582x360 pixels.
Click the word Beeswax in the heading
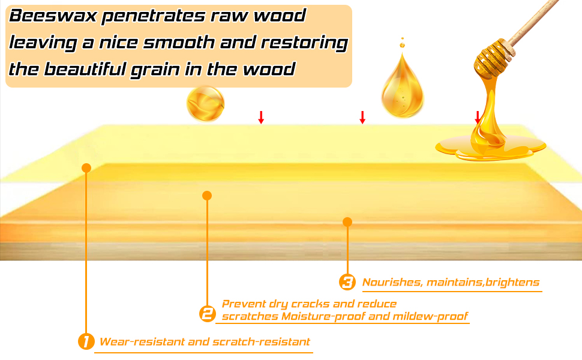[x=52, y=17]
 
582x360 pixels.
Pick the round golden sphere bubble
[x=205, y=104]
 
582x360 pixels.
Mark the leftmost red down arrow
[x=261, y=118]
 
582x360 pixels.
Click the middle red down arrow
[x=362, y=118]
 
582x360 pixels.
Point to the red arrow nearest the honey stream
[x=478, y=117]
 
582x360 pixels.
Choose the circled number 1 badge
[x=86, y=342]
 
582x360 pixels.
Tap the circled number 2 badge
[x=207, y=313]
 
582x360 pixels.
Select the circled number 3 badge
[x=347, y=282]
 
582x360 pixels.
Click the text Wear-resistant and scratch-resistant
[x=205, y=342]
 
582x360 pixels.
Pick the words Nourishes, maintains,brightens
[x=451, y=282]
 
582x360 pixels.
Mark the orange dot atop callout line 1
[x=86, y=167]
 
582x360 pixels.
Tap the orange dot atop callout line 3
[x=347, y=222]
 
